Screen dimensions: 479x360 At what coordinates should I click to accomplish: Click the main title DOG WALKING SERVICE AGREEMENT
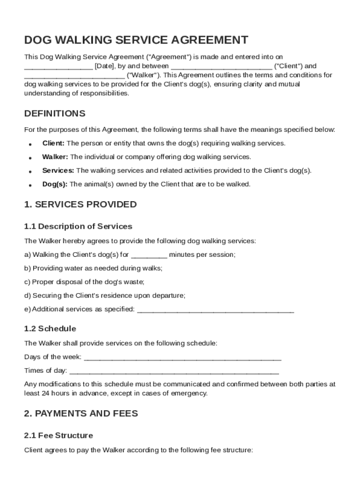[x=136, y=40]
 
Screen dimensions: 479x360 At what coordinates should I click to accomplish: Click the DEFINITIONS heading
[x=55, y=114]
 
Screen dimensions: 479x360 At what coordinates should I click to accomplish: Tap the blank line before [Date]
[x=58, y=67]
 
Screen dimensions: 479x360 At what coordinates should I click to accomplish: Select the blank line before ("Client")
[x=221, y=67]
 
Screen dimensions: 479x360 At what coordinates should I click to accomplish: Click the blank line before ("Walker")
[x=74, y=76]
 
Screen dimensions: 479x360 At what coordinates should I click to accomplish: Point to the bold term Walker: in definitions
[x=55, y=157]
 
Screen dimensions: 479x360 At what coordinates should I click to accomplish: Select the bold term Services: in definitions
[x=58, y=170]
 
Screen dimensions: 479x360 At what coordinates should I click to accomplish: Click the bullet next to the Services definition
[x=30, y=172]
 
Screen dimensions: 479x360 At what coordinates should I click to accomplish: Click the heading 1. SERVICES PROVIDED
[x=80, y=204]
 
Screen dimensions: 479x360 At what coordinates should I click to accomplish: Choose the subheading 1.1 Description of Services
[x=78, y=226]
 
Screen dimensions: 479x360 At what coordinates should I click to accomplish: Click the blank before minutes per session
[x=149, y=255]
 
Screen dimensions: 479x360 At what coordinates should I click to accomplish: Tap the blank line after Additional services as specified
[x=216, y=310]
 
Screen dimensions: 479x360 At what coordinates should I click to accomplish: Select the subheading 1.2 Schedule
[x=50, y=328]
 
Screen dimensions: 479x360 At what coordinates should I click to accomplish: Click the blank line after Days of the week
[x=182, y=358]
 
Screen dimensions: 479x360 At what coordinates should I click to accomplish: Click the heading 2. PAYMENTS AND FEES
[x=81, y=414]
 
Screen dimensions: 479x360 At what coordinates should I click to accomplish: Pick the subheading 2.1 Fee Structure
[x=58, y=435]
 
